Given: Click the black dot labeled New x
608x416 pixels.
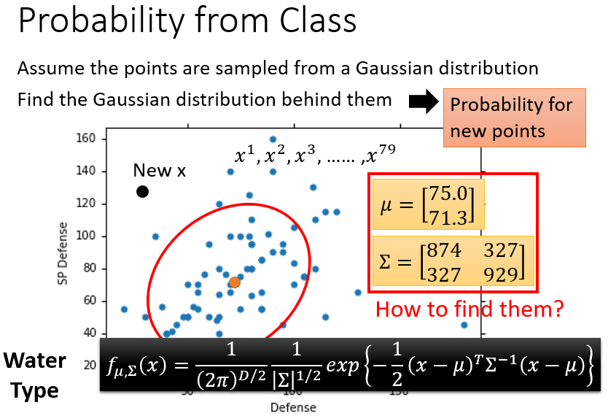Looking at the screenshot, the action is [142, 191].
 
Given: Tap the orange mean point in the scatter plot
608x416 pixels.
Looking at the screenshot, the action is [235, 282].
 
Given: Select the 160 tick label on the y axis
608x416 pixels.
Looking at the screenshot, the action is [86, 139].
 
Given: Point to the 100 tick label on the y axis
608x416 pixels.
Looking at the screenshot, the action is [86, 236].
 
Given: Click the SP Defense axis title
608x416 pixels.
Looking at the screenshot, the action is [62, 253].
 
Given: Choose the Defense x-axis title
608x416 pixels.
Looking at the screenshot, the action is [293, 407].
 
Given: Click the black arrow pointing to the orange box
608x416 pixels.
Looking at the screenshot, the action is [424, 101].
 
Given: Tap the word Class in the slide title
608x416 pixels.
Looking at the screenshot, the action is [318, 20].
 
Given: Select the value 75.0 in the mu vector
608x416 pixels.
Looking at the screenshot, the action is [448, 193].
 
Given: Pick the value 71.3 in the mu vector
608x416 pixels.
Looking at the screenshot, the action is [448, 218].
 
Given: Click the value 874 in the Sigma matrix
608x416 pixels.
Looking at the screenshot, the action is [444, 250].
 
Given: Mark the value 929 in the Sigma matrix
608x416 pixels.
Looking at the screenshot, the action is [501, 275].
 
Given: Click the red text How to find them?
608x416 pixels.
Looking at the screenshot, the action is [469, 309].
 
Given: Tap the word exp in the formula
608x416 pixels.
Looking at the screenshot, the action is [343, 365].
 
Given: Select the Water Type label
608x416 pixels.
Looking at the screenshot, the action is [35, 375].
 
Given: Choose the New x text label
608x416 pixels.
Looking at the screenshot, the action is [160, 170].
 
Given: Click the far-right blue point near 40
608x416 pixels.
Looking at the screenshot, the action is [464, 325].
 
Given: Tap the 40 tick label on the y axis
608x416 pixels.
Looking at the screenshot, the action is [89, 334].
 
